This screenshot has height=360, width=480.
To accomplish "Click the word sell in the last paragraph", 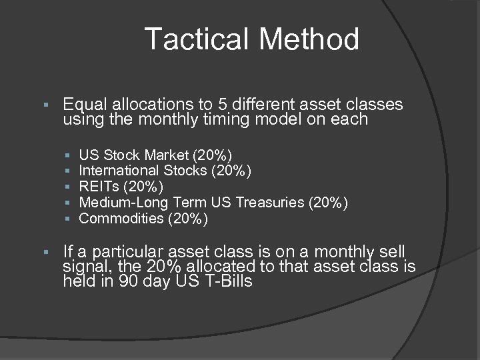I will (393, 252).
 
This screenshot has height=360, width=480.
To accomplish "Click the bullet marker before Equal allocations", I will (45, 105).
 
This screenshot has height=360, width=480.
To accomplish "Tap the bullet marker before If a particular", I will (45, 253).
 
